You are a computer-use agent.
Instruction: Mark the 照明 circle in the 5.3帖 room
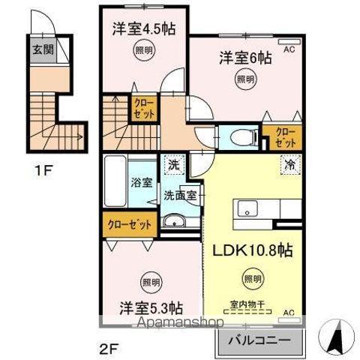(x=149, y=283)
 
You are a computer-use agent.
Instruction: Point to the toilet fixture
(x=238, y=136)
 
